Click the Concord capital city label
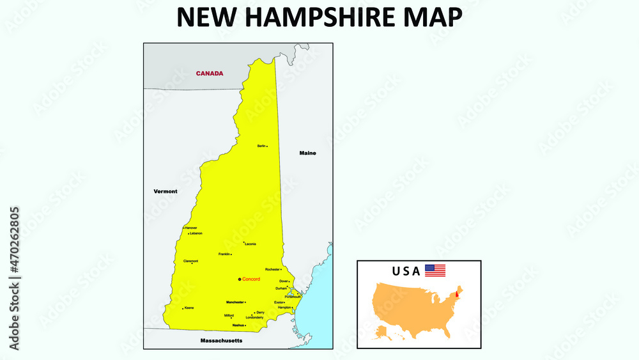coord(251,279)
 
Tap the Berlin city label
coord(261,146)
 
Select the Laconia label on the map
coord(250,244)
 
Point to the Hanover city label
coord(191,228)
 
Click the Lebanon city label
coord(196,233)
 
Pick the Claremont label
coord(190,261)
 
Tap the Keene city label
coord(189,308)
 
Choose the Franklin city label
coord(224,254)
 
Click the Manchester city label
coord(235,302)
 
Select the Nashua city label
coord(238,325)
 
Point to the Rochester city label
coord(272,269)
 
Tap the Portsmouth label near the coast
coord(293,297)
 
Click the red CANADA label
coord(210,74)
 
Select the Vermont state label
coord(166,191)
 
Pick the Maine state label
coord(307,153)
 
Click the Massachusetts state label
coord(221,341)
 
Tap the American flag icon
coord(435,270)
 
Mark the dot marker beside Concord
coord(240,279)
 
